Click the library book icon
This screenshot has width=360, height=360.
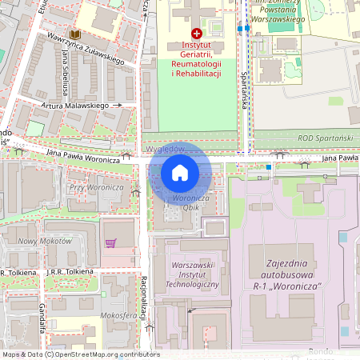75,35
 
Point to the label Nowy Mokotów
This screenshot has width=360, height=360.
45,241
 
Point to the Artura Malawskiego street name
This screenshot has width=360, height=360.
76,105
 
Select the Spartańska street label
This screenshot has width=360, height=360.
245,85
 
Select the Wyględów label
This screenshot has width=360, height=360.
166,149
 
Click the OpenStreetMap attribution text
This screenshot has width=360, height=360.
81,354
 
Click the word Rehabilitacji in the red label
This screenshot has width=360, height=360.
196,74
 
